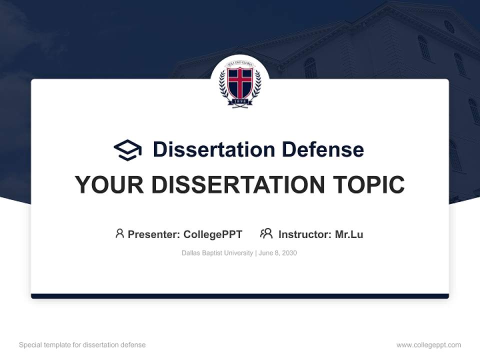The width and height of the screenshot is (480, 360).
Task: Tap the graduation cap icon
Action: pyautogui.click(x=127, y=150)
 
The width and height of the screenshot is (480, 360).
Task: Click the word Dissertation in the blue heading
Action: pyautogui.click(x=213, y=149)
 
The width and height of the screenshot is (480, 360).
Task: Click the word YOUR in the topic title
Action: pyautogui.click(x=109, y=184)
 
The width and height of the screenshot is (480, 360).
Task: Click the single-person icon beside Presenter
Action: pyautogui.click(x=119, y=233)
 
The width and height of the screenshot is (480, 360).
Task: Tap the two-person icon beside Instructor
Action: pyautogui.click(x=266, y=233)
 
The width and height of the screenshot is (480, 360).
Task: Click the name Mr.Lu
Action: pyautogui.click(x=349, y=234)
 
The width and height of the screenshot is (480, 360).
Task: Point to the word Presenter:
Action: pyautogui.click(x=154, y=234)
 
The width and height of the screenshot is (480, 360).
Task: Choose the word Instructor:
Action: pyautogui.click(x=305, y=234)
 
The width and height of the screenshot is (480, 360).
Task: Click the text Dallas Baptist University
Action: pyautogui.click(x=217, y=253)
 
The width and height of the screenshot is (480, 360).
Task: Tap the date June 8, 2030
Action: pyautogui.click(x=278, y=253)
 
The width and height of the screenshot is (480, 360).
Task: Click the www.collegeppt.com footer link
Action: pyautogui.click(x=428, y=345)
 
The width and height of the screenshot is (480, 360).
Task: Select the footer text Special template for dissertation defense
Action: pyautogui.click(x=82, y=345)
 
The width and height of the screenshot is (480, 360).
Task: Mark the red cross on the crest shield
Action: pyautogui.click(x=240, y=82)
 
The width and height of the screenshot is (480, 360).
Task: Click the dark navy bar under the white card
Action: pyautogui.click(x=240, y=296)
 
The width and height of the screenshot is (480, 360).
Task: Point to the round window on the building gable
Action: pyautogui.click(x=449, y=26)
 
